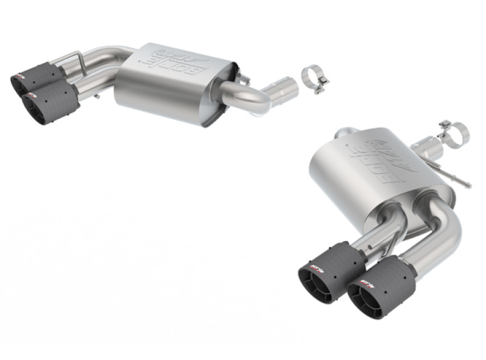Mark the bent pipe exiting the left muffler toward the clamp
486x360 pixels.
point(243,97)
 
